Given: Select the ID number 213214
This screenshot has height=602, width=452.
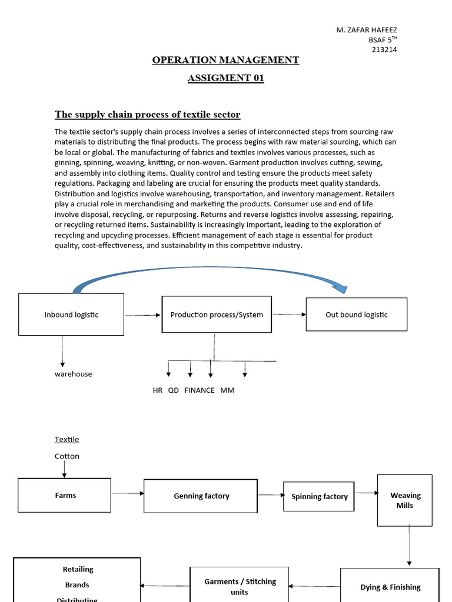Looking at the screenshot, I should pos(384,49).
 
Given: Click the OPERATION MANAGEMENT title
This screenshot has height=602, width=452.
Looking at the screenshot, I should pos(225,60).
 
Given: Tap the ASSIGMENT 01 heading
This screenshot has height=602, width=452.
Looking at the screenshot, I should pos(225,79).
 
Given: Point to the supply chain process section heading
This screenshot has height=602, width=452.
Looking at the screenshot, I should pos(148,114).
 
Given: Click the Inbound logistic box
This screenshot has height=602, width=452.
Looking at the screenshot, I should pos(71,315).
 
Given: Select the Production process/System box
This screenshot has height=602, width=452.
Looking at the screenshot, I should pos(217,315).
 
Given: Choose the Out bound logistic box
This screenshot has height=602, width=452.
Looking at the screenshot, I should pos(356,315).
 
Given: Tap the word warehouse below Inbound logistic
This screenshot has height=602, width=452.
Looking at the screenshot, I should pos(74,374).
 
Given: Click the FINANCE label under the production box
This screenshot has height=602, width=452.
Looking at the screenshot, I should pos(200,390).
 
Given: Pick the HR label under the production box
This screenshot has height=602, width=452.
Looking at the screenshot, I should pos(157,390).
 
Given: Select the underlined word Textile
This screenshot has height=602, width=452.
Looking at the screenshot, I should pos(67,439).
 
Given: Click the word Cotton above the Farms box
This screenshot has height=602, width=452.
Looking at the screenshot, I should pos(67,456).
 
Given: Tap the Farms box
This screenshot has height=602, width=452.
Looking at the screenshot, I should pos(65,495).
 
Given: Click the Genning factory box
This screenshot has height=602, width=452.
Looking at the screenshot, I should pos(201,496).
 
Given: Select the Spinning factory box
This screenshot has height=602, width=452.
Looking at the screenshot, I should pos(319,496).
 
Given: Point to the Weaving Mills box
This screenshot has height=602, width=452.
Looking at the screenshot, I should pos(405,500).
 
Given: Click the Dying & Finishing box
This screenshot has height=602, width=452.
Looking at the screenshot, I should pos(390,586).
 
